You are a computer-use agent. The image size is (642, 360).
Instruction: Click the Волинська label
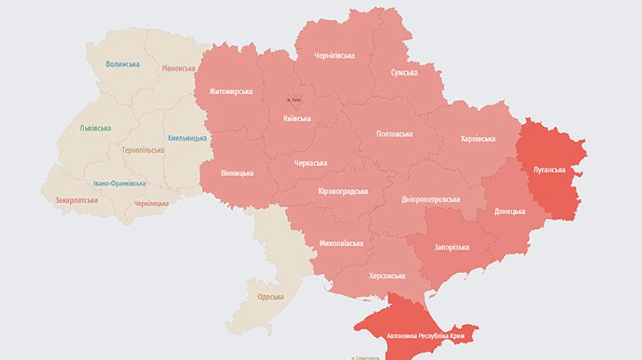[123, 64]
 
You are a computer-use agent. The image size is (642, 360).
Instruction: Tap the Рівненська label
[178, 68]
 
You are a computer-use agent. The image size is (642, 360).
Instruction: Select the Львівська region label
[95, 128]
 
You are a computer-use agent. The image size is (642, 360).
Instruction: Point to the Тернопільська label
[143, 150]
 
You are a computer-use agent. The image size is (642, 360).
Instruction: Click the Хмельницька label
[187, 138]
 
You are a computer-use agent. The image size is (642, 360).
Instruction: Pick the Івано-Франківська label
[119, 183]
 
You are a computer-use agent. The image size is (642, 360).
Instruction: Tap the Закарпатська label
[76, 201]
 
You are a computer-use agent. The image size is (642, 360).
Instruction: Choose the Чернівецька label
[151, 203]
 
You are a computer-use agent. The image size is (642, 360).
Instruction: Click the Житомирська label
[230, 91]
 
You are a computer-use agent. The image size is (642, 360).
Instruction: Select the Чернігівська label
[335, 56]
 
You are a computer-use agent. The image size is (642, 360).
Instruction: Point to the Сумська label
[404, 73]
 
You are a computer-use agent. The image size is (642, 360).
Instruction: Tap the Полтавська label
[394, 134]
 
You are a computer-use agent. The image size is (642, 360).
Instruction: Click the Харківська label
[478, 138]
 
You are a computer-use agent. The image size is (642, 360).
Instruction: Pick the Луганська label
[549, 170]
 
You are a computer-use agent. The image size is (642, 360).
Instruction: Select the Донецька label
[510, 212]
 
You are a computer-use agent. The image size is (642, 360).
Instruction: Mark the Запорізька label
[452, 247]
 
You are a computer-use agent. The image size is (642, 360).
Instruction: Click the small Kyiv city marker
[294, 101]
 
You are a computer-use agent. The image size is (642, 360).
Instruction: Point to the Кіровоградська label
[343, 191]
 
